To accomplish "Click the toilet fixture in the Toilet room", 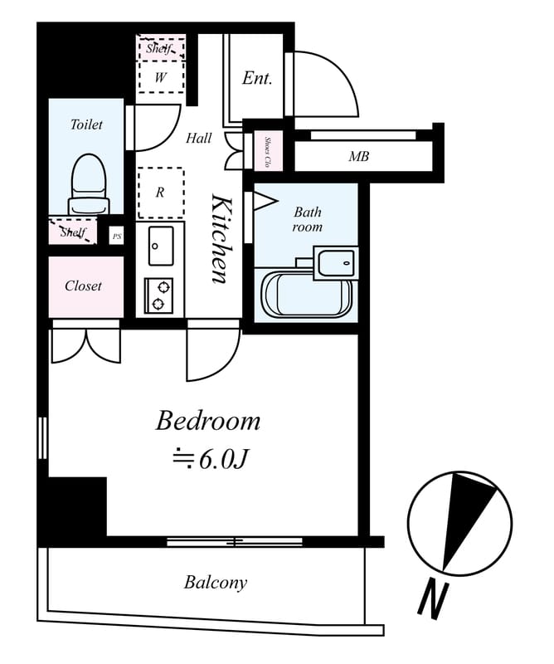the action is point(89,184).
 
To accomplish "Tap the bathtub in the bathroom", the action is point(307,294).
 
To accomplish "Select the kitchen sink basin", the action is point(160,246).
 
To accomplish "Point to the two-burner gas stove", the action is point(158,295).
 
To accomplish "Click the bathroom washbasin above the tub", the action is point(335,263).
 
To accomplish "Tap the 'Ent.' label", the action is point(257,78).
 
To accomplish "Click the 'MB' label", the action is point(358,157).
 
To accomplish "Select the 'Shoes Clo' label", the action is point(268,152).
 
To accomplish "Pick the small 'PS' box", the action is point(116,236).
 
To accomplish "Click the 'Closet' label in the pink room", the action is point(83,286).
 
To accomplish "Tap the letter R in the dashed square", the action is point(159,193).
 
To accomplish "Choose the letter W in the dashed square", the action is point(160,77).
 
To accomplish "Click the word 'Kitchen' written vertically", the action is point(222,238).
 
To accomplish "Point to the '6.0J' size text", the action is point(222,459).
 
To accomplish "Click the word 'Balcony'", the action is point(216,583).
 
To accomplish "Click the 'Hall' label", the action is point(198,138).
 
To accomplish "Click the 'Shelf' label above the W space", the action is point(159,48).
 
